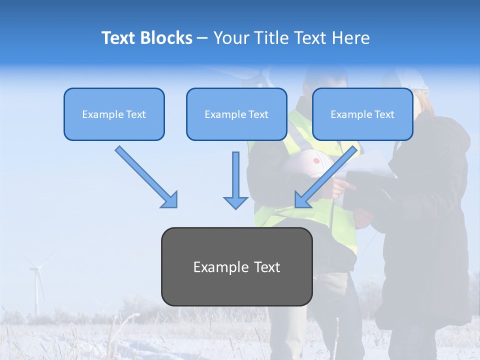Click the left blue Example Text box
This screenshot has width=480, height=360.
coord(114,114)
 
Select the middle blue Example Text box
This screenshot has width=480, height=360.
coord(236,114)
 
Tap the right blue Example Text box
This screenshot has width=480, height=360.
coord(362,114)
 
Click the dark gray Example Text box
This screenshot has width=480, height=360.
coord(236,266)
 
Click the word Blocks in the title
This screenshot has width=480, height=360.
coord(166,38)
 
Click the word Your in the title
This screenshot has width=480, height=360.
coord(229,38)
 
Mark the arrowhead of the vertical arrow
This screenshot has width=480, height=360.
coord(235,202)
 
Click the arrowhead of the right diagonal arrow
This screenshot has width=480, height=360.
coord(302,200)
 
